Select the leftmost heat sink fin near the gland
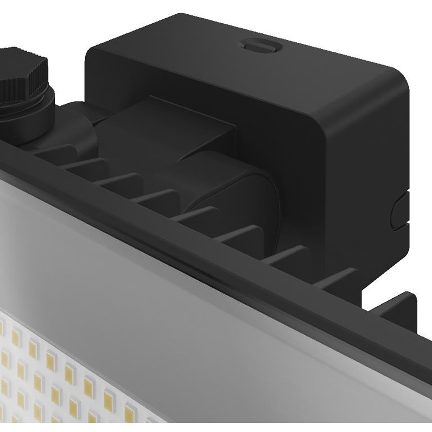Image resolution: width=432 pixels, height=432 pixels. coord(56,151)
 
